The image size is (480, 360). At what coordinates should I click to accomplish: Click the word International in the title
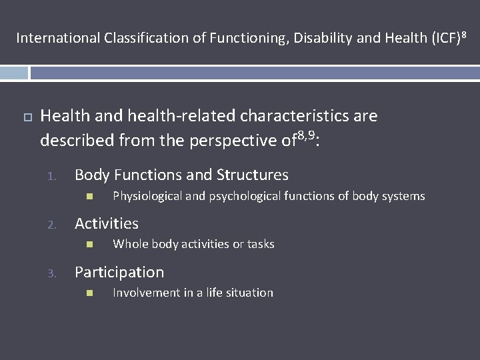tap(58, 38)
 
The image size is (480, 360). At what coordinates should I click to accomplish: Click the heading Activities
tap(107, 223)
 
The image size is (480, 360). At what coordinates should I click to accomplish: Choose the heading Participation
tap(119, 272)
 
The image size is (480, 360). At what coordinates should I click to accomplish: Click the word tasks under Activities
tap(261, 244)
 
